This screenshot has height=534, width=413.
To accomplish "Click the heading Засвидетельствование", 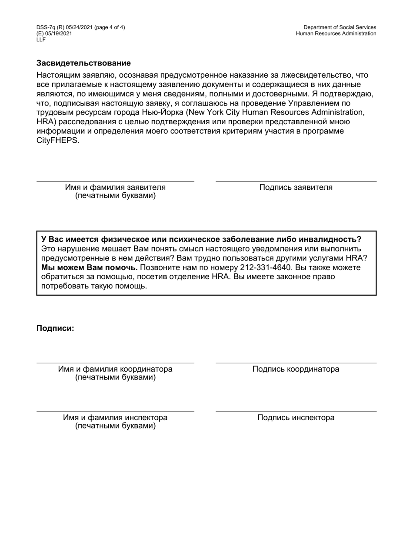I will (83, 63).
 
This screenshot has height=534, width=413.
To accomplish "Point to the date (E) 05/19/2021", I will (54, 33).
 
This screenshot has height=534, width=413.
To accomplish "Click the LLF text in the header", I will (41, 40).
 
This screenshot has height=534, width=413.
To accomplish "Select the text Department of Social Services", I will (340, 27).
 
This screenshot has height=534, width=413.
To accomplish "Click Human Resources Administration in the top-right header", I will (336, 33).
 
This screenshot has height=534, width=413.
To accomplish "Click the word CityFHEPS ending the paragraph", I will (57, 141).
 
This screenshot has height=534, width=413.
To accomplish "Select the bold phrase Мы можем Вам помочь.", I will (89, 267).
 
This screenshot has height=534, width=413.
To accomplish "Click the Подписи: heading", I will (55, 328).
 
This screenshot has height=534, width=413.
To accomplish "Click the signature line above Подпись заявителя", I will (296, 181).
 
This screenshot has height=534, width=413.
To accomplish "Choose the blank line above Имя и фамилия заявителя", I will (115, 181).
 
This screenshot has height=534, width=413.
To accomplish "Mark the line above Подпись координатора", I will (296, 363).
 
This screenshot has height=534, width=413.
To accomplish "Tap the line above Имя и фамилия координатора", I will (115, 363).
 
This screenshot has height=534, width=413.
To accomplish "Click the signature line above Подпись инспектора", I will (296, 411).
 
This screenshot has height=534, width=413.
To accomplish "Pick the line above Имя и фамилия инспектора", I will (115, 411).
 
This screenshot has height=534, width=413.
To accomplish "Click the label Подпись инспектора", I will (296, 418).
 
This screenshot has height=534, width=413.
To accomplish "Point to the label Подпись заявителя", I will (296, 188).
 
